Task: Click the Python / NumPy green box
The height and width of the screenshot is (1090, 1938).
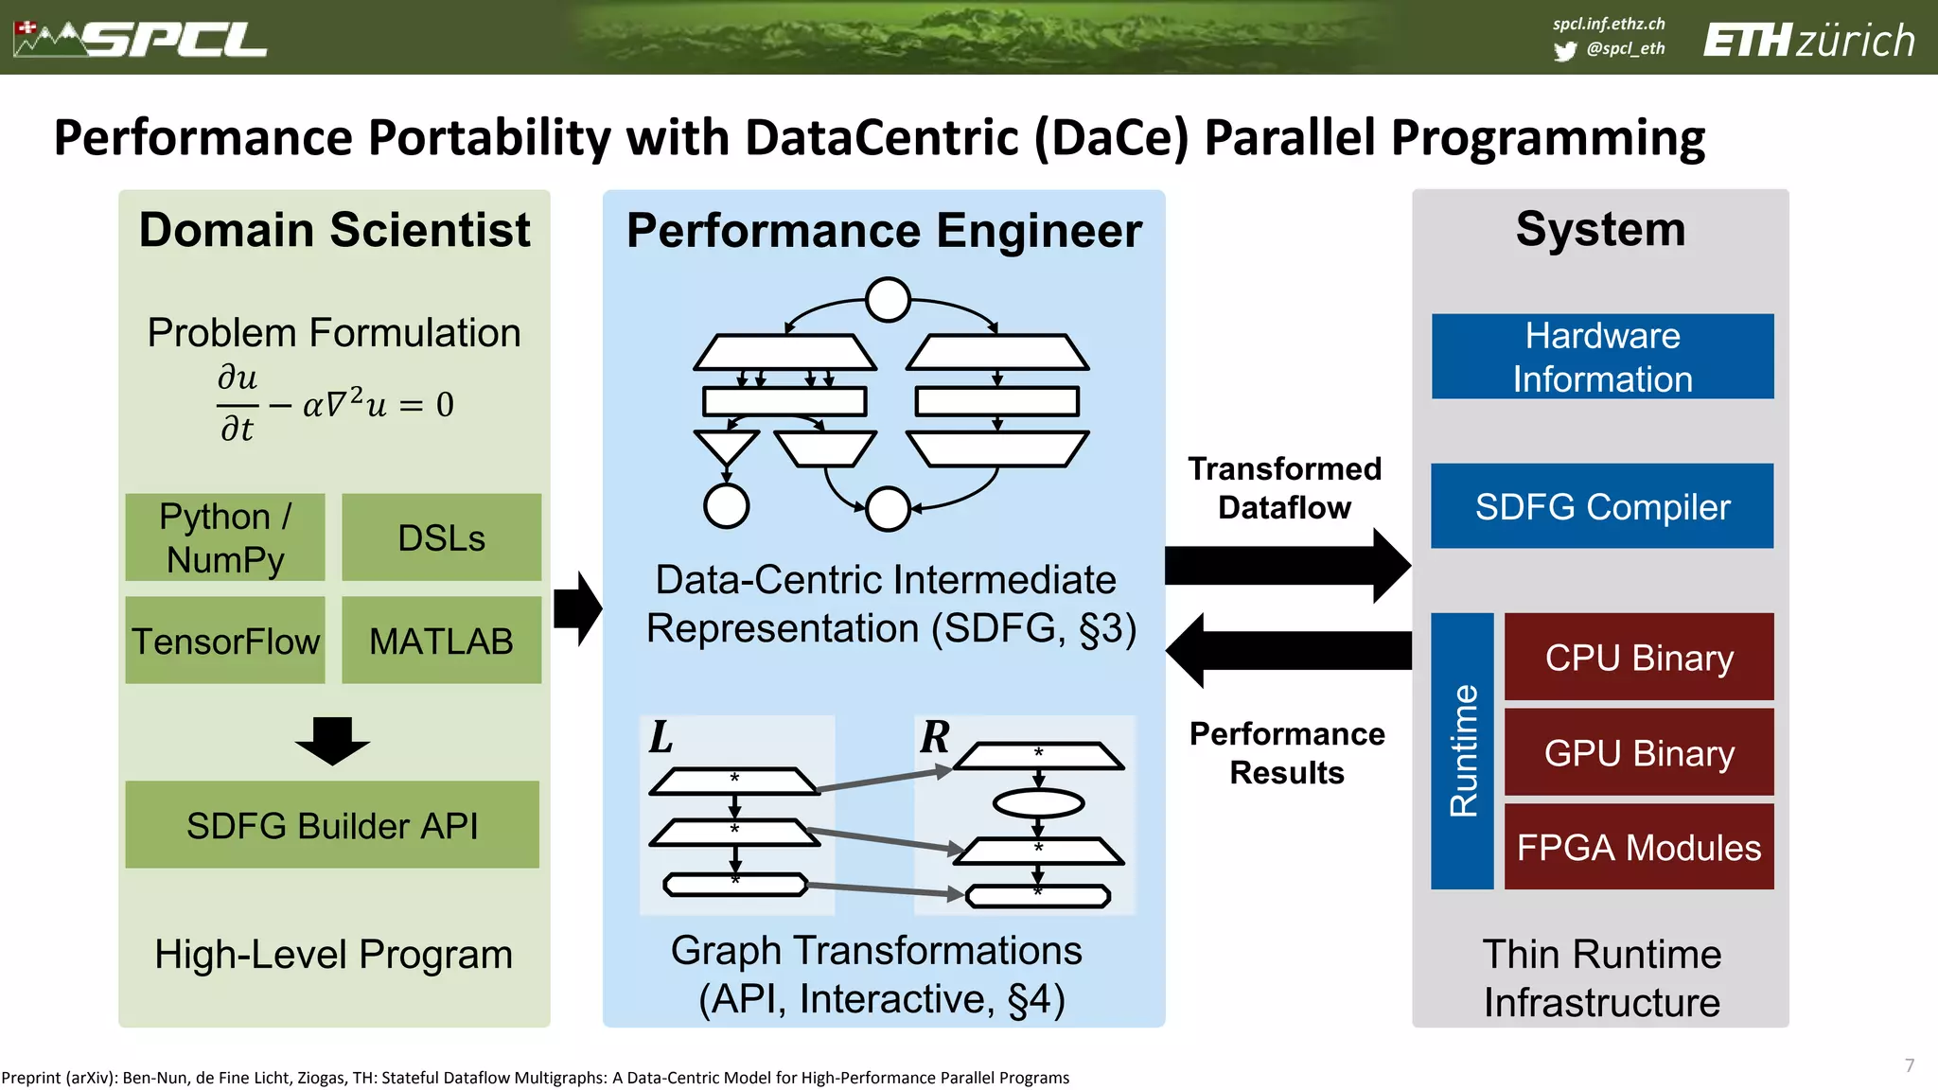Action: click(225, 537)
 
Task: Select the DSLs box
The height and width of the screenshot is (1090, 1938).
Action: click(441, 537)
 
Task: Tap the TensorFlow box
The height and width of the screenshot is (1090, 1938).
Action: click(225, 641)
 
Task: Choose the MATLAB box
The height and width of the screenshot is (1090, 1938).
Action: click(441, 641)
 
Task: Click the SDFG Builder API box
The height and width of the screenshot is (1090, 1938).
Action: click(332, 825)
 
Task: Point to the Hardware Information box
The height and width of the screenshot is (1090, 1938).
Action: click(1602, 357)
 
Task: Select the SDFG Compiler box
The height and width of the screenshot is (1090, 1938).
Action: click(1602, 506)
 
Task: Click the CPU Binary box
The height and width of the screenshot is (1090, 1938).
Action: click(1639, 657)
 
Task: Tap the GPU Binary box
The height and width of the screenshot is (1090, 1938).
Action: click(1639, 752)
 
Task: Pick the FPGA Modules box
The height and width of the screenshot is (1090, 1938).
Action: click(1639, 847)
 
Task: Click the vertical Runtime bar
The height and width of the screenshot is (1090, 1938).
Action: click(1462, 751)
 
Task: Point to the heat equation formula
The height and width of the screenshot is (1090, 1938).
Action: click(335, 404)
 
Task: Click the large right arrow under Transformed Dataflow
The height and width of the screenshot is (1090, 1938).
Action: click(1287, 566)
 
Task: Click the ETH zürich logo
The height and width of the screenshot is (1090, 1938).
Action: click(1808, 41)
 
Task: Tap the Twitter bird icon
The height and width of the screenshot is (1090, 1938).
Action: click(1565, 50)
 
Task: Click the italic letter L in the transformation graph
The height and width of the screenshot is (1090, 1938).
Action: click(661, 737)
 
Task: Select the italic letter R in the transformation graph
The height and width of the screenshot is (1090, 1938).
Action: click(935, 737)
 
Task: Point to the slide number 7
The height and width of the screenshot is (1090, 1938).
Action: click(1910, 1065)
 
